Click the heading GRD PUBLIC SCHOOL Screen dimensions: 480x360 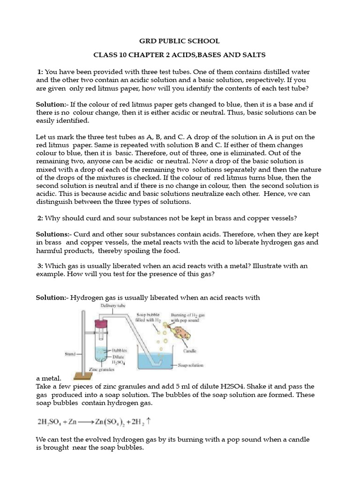click(180, 41)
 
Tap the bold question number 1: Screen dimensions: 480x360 click(40, 72)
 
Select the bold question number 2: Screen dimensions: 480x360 click(40, 218)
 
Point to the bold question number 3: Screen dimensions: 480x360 click(40, 266)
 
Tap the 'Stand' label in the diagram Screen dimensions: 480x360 click(69, 354)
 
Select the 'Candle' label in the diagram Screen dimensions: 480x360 click(190, 350)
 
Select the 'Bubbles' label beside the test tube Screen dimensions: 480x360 click(119, 350)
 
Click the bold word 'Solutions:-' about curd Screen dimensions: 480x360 click(53, 234)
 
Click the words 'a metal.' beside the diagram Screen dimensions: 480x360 click(49, 378)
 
